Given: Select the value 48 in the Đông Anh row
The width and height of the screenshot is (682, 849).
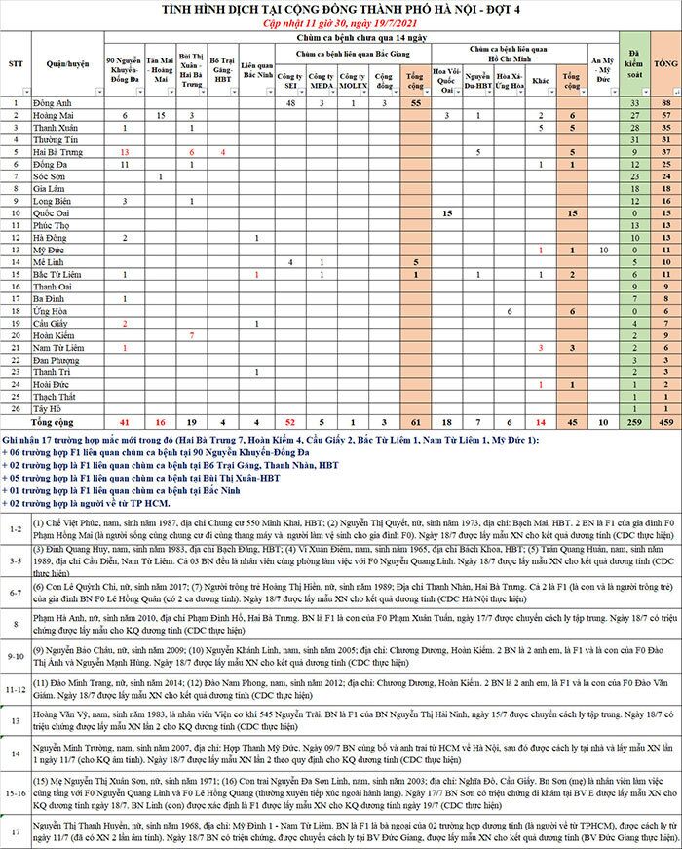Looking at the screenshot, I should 290,102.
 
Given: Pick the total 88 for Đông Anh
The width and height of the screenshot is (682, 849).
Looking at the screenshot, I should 665,102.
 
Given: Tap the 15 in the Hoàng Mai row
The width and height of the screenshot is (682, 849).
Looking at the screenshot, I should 161,115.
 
